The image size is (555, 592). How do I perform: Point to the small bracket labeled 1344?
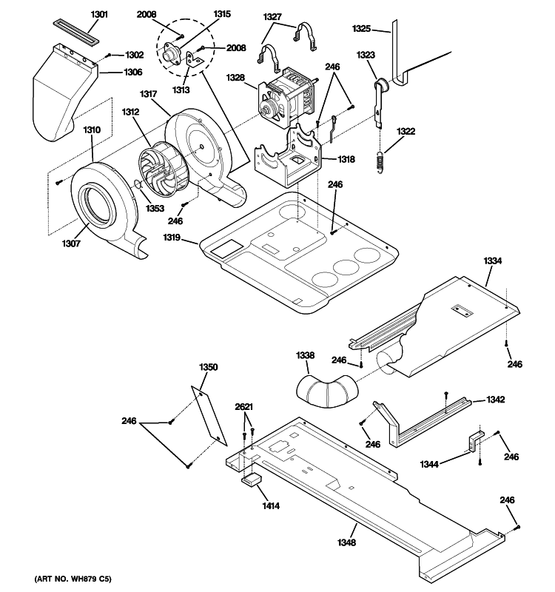click(472, 442)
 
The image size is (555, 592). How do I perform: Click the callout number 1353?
click(154, 209)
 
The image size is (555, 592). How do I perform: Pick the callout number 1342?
click(495, 400)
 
